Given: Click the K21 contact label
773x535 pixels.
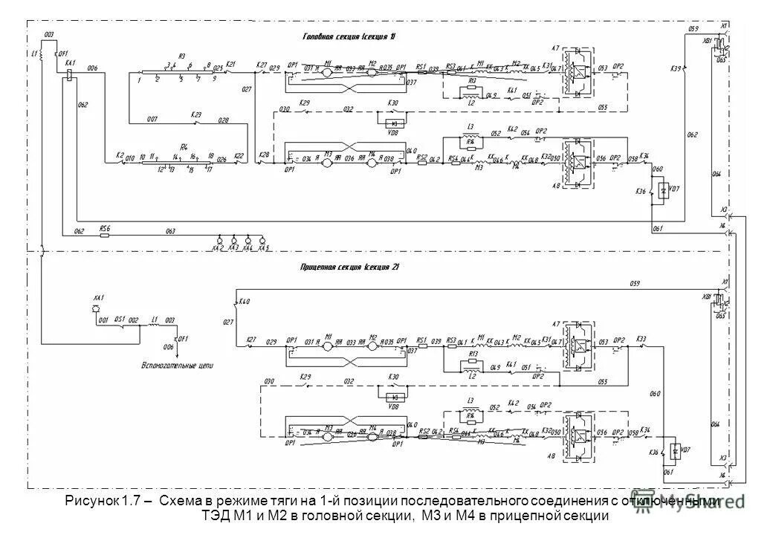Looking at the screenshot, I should pos(230,65).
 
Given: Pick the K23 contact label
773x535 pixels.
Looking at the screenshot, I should pos(195,114).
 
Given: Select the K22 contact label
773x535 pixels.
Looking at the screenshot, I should pos(239,156).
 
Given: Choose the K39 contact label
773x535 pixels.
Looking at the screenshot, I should pos(675,68).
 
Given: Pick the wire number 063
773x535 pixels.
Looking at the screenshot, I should pos(170,231).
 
